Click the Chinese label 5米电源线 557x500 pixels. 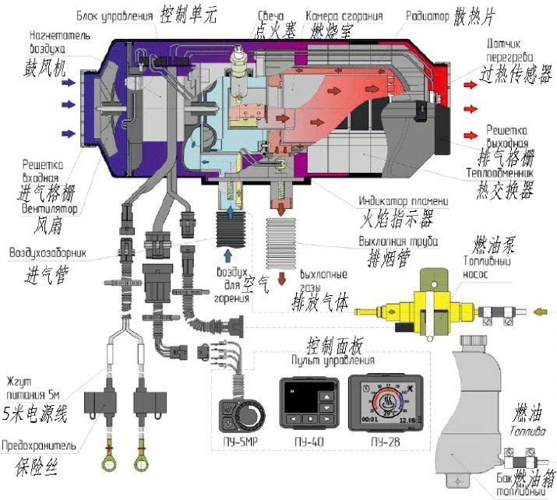click(x=37, y=412)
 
